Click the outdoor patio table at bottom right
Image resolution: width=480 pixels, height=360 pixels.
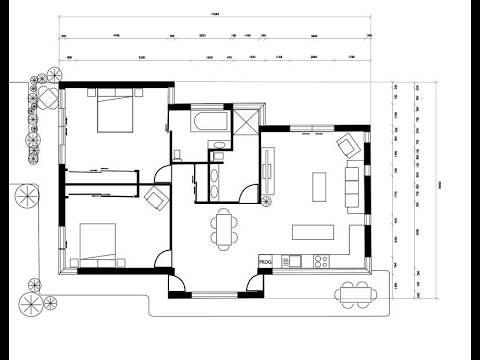353,295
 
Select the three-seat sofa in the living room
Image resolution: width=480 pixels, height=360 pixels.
352,187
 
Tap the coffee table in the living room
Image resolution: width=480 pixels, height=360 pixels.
320,186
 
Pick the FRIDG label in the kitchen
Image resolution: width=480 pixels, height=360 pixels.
266,262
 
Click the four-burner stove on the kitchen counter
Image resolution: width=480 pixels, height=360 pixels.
321,262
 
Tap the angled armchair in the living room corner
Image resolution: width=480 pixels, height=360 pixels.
348,145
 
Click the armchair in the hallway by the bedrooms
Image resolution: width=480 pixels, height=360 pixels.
156,197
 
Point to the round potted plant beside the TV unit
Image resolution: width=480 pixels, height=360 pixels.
267,200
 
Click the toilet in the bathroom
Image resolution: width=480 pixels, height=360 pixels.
177,153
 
